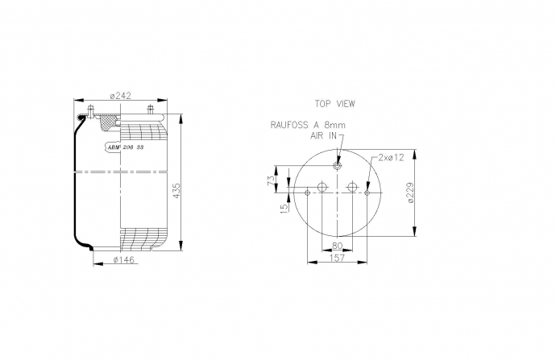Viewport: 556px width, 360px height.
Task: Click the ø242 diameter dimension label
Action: coord(121,96)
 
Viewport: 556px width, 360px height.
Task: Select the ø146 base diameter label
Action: coord(124,260)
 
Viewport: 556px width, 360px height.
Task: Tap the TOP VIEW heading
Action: coord(334,104)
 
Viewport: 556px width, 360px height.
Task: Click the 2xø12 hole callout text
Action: coord(391,158)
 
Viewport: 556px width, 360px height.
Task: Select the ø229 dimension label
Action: coord(411,192)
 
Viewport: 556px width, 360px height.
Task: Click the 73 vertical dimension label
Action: coord(271,180)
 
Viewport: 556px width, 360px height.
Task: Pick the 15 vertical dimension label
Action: coord(284,209)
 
